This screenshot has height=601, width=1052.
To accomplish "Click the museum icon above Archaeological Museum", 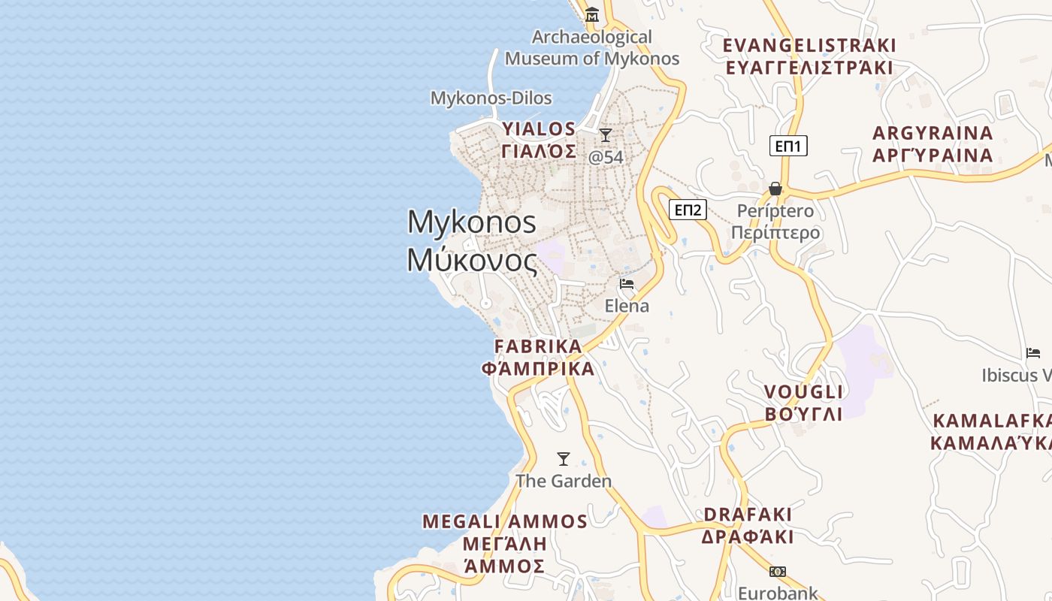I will (x=592, y=14).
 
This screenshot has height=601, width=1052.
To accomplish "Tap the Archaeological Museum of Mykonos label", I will (x=592, y=47).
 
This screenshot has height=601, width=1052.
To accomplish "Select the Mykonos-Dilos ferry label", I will (x=491, y=98).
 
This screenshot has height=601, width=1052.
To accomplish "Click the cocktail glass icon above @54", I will (x=605, y=135).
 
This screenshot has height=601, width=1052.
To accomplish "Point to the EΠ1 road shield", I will (x=788, y=146).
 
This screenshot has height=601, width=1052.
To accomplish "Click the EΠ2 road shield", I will (x=688, y=210).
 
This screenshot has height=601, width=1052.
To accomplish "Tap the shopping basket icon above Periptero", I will (x=775, y=188).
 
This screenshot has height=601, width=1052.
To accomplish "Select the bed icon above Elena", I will (x=627, y=284).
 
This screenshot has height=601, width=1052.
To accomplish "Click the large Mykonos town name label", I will (x=472, y=241).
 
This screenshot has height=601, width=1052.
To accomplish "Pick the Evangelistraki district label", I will (x=809, y=56).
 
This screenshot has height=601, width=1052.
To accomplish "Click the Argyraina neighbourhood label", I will (x=933, y=144).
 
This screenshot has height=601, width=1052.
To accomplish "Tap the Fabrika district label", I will (x=538, y=358).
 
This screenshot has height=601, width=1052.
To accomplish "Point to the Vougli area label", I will (x=803, y=403).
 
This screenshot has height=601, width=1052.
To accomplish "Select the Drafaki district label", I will (x=748, y=525).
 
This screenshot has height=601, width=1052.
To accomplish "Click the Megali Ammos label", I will (x=504, y=543).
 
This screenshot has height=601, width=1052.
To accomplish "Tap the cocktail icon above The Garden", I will (x=563, y=458).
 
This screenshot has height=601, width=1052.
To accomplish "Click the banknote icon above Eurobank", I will (x=778, y=572).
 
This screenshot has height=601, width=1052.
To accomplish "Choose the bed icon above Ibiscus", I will (x=1033, y=353).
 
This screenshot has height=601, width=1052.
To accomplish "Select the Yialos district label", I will (x=539, y=140).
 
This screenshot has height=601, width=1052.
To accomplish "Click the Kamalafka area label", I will (x=990, y=431).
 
